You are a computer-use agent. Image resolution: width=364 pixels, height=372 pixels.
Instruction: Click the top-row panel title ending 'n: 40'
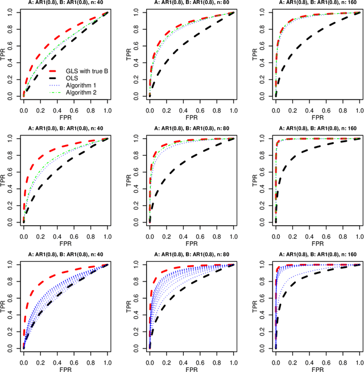(x=65, y=3)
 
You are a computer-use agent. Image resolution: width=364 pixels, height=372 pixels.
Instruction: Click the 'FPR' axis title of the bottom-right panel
(x=317, y=369)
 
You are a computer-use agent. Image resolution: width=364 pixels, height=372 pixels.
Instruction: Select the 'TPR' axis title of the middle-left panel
(x=4, y=180)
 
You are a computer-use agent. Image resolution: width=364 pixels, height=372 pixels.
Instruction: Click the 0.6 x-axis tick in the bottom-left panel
(x=74, y=361)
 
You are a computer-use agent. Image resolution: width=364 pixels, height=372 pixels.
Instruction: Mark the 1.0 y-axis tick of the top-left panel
(x=11, y=12)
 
